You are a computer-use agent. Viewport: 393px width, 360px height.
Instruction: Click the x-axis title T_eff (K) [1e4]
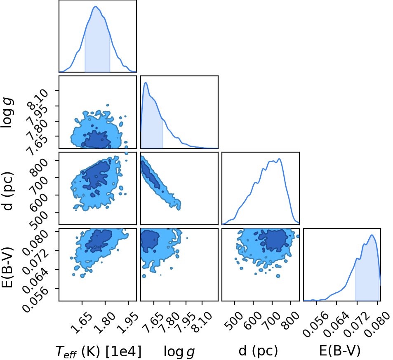click(x=99, y=351)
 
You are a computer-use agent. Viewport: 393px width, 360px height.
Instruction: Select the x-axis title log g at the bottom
click(x=179, y=351)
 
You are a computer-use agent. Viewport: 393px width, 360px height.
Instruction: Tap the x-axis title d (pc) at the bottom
click(x=258, y=351)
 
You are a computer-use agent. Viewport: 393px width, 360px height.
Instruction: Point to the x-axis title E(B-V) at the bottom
click(x=340, y=351)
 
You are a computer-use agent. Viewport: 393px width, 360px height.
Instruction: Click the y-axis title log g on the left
click(x=7, y=113)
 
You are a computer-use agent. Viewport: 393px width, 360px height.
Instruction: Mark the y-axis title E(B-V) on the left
click(x=7, y=267)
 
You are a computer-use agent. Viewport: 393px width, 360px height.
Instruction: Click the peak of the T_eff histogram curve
click(x=96, y=6)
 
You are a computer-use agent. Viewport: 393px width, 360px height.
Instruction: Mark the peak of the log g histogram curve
click(x=146, y=82)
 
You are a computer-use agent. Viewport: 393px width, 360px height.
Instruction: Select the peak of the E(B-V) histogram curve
click(x=372, y=235)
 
